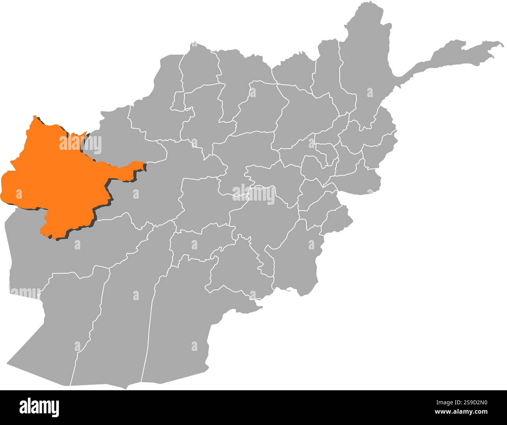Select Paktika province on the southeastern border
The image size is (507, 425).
point(296,254)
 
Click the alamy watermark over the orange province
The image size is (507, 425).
point(80,144)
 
